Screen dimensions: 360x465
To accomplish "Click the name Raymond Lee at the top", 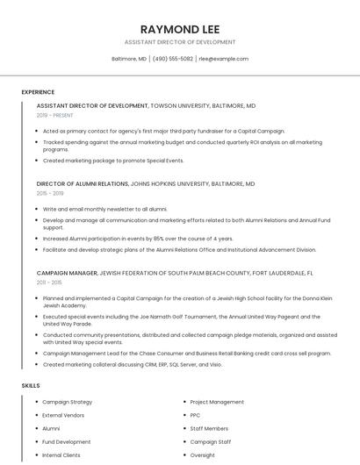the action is tap(180, 27).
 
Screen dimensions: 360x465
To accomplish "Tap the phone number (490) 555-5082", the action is tap(173, 59).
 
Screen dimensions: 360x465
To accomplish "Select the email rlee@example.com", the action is tap(223, 59).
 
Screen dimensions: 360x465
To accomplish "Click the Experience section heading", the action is tap(38, 92).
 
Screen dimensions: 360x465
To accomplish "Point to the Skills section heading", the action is tap(31, 385).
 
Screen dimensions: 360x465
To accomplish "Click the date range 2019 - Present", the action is tap(54, 115).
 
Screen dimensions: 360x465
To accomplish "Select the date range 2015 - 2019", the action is tap(50, 193).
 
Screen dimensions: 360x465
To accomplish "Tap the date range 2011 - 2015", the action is tap(49, 283).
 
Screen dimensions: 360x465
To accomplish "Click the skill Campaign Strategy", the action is tap(67, 402).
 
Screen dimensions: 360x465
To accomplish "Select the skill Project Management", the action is tap(217, 402).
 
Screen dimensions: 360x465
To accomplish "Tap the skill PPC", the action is tap(195, 415).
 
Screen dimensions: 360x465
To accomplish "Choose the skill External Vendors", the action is tap(63, 415).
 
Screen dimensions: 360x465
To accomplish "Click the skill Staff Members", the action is tap(209, 428).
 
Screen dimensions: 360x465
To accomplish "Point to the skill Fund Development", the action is tap(66, 442).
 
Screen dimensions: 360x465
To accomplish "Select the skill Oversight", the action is tap(202, 455).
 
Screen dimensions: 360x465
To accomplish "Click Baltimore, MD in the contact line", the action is tap(129, 59).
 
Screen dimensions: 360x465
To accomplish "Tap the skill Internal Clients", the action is tap(61, 455).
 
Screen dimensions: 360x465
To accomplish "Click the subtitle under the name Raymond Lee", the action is tap(180, 42).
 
